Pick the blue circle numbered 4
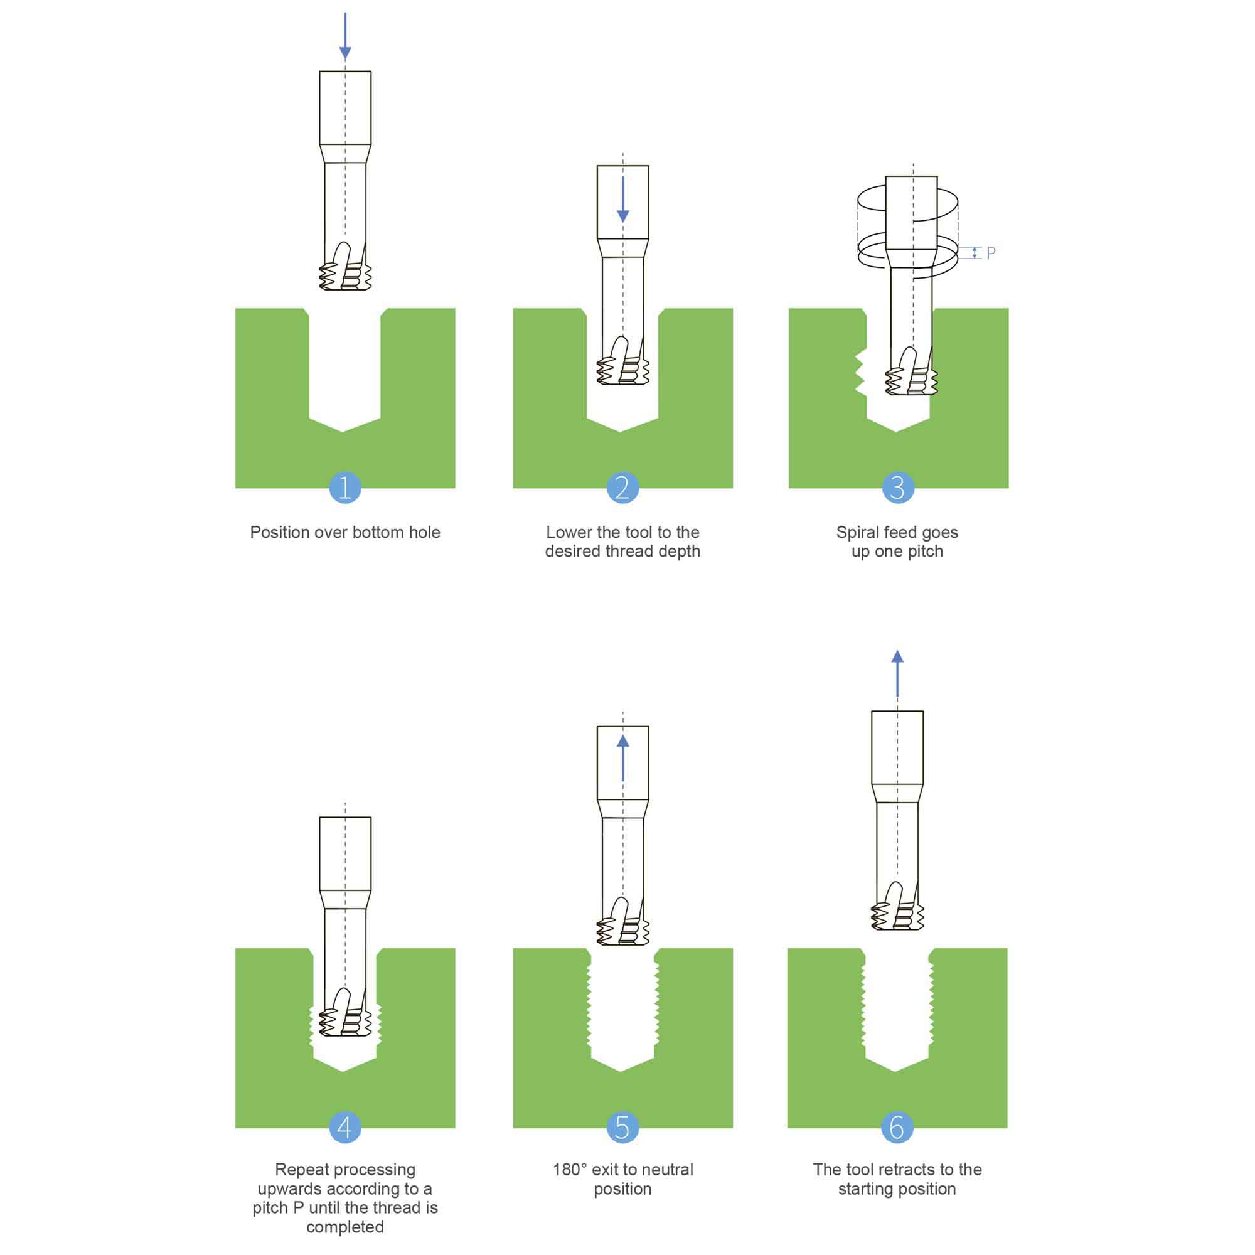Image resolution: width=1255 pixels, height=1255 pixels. [345, 1127]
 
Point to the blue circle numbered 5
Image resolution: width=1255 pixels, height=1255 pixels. [622, 1127]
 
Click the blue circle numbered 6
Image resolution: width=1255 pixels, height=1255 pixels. [897, 1127]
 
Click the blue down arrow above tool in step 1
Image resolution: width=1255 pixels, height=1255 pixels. [345, 36]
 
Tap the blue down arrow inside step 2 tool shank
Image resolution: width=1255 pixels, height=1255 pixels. [623, 200]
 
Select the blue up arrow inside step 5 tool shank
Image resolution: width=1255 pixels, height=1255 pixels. [623, 758]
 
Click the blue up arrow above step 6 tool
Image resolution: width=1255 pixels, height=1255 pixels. [897, 673]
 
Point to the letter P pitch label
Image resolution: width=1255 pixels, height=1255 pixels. [991, 253]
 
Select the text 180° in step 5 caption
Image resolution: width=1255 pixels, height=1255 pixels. [570, 1169]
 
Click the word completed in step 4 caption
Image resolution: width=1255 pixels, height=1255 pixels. [345, 1226]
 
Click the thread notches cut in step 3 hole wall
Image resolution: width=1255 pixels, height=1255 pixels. [861, 373]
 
